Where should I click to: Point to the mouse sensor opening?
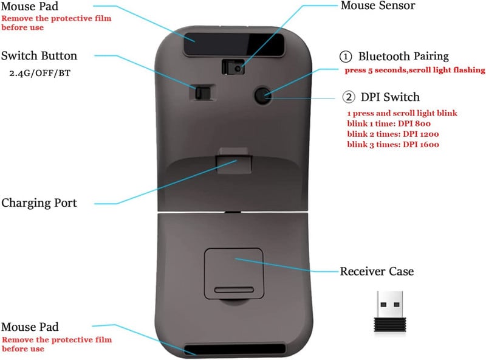pyautogui.click(x=233, y=65)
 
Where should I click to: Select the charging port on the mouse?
pyautogui.click(x=234, y=162)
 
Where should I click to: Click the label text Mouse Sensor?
pyautogui.click(x=377, y=6)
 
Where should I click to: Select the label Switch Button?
pyautogui.click(x=39, y=56)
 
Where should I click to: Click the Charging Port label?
pyautogui.click(x=39, y=203)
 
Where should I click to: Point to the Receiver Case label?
pyautogui.click(x=377, y=271)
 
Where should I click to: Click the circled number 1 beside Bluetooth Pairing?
pyautogui.click(x=346, y=57)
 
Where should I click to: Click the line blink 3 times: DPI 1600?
pyautogui.click(x=392, y=144)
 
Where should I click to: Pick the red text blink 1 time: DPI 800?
pyautogui.click(x=389, y=123)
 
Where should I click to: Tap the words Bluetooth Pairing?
pyautogui.click(x=403, y=57)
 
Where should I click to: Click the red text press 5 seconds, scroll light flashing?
pyautogui.click(x=414, y=70)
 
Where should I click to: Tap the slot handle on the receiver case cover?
pyautogui.click(x=234, y=288)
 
